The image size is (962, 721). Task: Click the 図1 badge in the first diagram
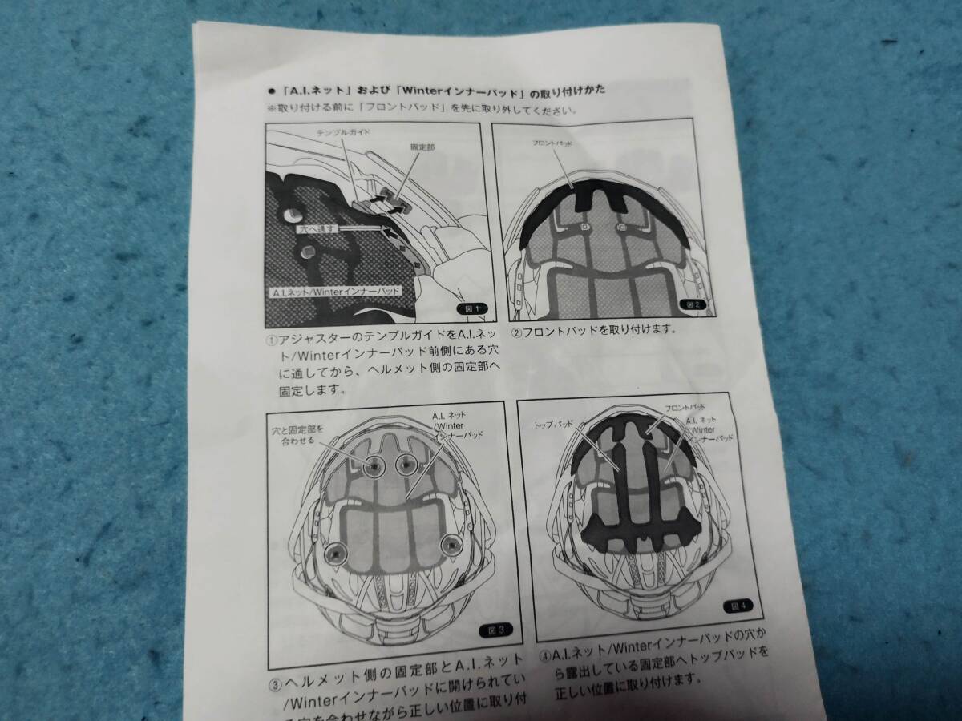[471, 308]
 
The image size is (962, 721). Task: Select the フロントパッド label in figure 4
[685, 408]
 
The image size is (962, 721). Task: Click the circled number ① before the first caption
[273, 339]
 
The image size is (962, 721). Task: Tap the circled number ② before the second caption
[517, 328]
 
